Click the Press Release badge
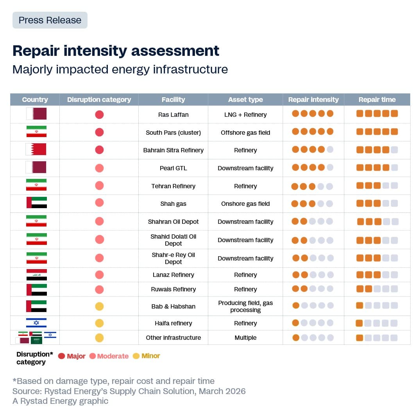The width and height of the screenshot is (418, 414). pyautogui.click(x=50, y=20)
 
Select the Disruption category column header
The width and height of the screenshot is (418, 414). pyautogui.click(x=99, y=100)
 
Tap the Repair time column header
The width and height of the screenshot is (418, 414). pyautogui.click(x=377, y=100)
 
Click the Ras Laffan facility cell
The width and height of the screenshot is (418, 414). pyautogui.click(x=173, y=114)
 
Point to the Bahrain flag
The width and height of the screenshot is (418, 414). pyautogui.click(x=36, y=150)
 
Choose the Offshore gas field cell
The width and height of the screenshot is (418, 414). pyautogui.click(x=245, y=132)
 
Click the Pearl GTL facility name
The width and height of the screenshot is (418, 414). pyautogui.click(x=173, y=168)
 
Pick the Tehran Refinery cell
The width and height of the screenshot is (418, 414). pyautogui.click(x=173, y=186)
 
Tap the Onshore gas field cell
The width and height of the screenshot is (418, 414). pyautogui.click(x=245, y=203)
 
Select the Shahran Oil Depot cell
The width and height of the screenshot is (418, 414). pyautogui.click(x=173, y=221)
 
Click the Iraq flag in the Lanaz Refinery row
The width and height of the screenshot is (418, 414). pyautogui.click(x=36, y=275)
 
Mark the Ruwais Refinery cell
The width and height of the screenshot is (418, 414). pyautogui.click(x=173, y=289)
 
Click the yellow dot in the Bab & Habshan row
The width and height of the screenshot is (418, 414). pyautogui.click(x=99, y=306)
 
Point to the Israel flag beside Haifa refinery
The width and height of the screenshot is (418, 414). pyautogui.click(x=36, y=323)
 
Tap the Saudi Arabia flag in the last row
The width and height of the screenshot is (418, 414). pyautogui.click(x=36, y=341)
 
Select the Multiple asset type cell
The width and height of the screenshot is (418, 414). pyautogui.click(x=245, y=337)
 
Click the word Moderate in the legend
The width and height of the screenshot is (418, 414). pyautogui.click(x=113, y=356)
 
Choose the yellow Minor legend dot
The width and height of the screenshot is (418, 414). pyautogui.click(x=136, y=356)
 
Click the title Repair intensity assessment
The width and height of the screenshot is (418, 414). pyautogui.click(x=116, y=51)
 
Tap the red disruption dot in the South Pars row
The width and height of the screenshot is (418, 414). pyautogui.click(x=99, y=132)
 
